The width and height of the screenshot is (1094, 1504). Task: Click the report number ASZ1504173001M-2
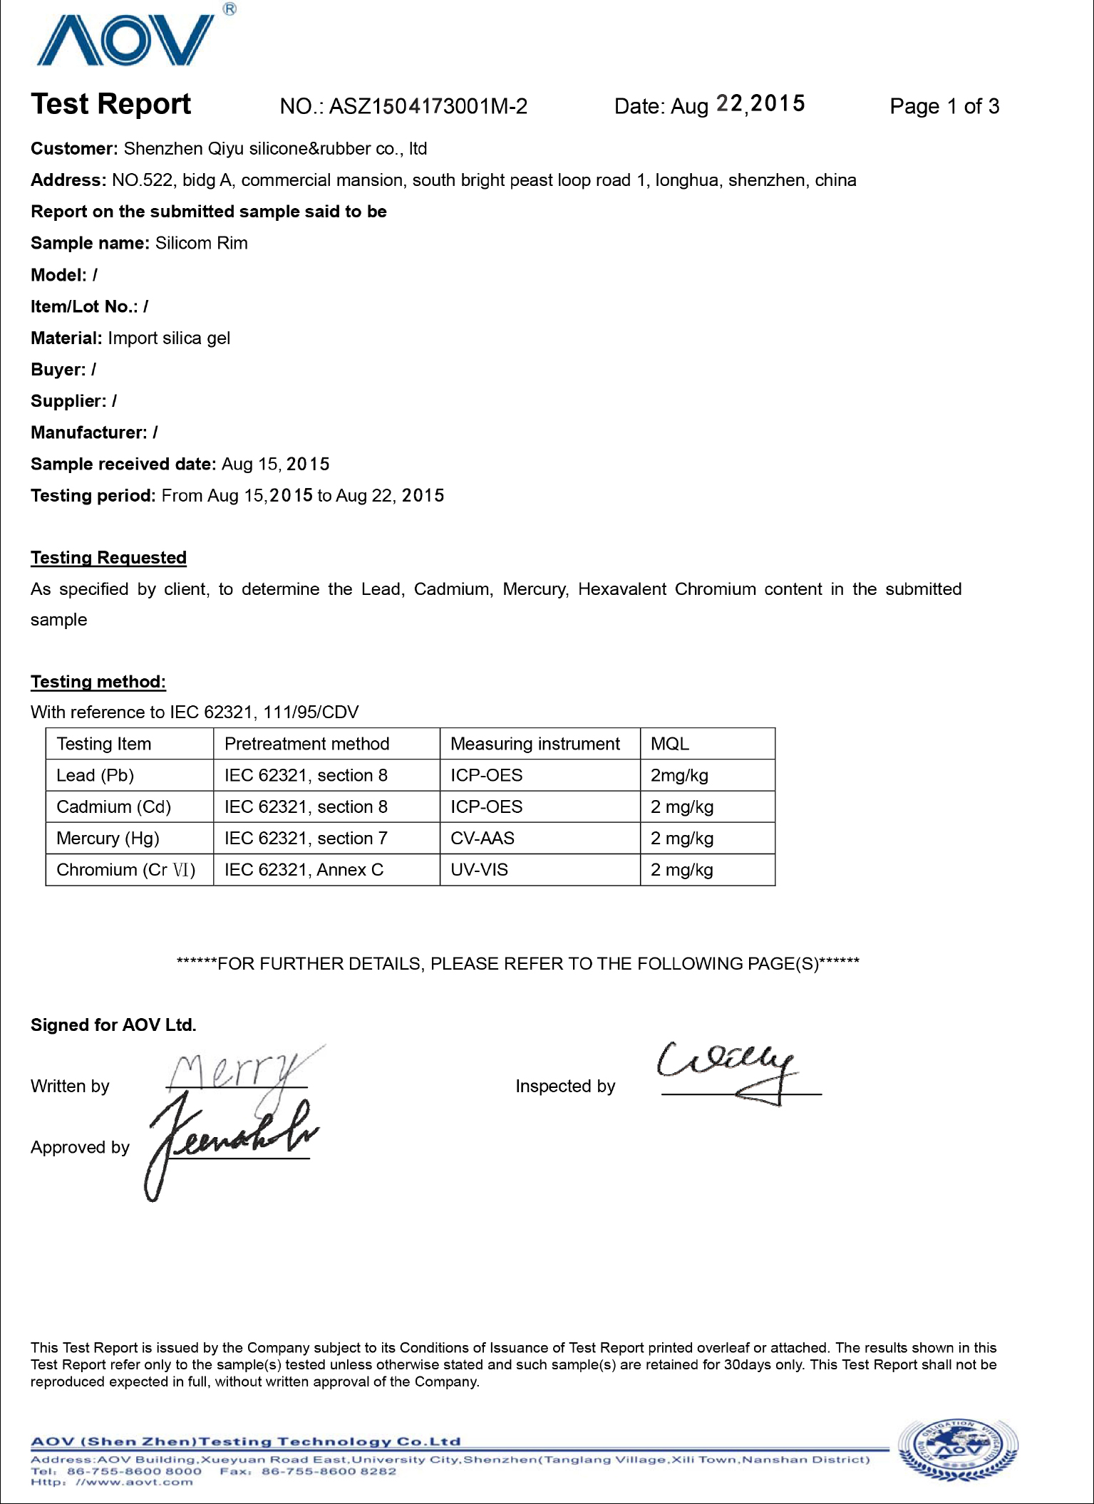click(428, 107)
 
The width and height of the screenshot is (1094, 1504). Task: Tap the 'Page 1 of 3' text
click(944, 107)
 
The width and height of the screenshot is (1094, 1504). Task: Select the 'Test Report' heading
click(111, 105)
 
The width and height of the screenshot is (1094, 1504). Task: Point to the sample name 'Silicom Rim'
click(202, 244)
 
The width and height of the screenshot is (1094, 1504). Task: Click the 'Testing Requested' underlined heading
click(108, 558)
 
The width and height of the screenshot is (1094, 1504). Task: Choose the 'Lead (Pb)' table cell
click(96, 776)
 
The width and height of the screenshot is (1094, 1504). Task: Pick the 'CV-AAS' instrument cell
click(483, 839)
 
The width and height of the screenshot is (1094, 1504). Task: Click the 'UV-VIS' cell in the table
click(479, 870)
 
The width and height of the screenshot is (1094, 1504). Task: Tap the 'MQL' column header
click(670, 745)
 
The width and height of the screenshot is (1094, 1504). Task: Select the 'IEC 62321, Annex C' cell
click(304, 870)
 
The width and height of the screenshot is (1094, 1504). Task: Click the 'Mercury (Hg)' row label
click(108, 839)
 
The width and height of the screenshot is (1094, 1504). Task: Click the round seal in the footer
click(958, 1450)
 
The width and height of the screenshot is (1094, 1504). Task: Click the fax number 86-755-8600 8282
click(329, 1471)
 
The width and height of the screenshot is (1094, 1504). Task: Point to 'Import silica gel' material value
click(169, 338)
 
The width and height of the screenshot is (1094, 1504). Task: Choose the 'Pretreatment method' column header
click(306, 745)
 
